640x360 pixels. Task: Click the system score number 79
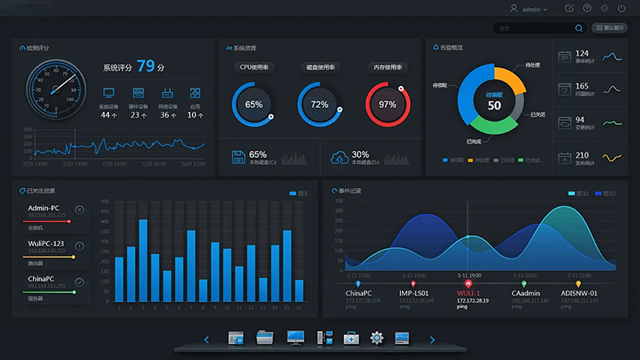click(146, 66)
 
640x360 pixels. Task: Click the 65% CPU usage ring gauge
click(254, 105)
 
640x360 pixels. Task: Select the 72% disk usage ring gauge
click(319, 105)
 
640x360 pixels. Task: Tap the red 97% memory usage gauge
click(388, 105)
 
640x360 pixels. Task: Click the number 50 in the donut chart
click(494, 106)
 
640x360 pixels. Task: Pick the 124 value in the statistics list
click(582, 53)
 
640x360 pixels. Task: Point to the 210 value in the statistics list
click(582, 155)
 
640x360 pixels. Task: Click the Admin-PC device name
click(43, 208)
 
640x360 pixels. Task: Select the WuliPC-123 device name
click(46, 244)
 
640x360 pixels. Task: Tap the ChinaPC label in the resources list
click(41, 279)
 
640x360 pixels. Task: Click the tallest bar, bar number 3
click(143, 260)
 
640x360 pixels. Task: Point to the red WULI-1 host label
click(468, 293)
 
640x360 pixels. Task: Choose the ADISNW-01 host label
click(579, 293)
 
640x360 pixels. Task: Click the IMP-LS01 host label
click(414, 293)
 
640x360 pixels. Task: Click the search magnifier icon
click(579, 28)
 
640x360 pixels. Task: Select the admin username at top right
click(531, 9)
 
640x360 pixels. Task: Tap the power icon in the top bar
click(622, 9)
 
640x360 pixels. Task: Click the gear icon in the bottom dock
click(377, 338)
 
